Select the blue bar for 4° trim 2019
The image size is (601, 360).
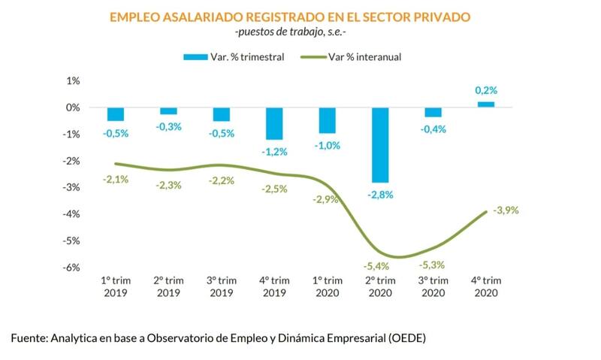click(274, 123)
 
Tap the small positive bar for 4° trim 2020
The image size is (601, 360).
click(485, 104)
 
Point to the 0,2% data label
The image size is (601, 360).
click(485, 90)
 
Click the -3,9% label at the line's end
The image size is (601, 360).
click(506, 210)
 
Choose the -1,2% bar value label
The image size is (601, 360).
click(274, 151)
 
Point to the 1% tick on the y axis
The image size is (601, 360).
click(74, 80)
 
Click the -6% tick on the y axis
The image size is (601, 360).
click(72, 268)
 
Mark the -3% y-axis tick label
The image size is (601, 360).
click(72, 187)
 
